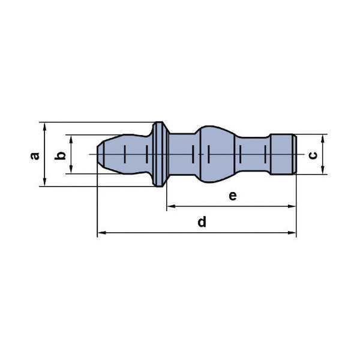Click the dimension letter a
(x=35, y=156)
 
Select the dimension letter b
(x=60, y=155)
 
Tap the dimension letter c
(x=313, y=155)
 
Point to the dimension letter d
(x=202, y=222)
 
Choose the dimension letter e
(x=233, y=196)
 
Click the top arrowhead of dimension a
(x=44, y=127)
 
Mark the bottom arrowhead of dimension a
(x=44, y=182)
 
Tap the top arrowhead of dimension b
(x=71, y=139)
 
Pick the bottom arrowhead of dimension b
(x=71, y=169)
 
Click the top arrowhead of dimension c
(x=323, y=139)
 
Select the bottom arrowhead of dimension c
(x=323, y=170)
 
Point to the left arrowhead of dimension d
(x=102, y=233)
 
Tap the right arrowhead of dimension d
(x=292, y=233)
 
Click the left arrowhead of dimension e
(x=172, y=206)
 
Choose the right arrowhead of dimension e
(x=292, y=206)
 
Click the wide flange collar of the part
(x=160, y=154)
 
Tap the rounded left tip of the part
(x=101, y=154)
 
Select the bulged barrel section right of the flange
(x=217, y=154)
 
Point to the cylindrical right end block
(x=283, y=154)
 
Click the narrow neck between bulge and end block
(x=253, y=154)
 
